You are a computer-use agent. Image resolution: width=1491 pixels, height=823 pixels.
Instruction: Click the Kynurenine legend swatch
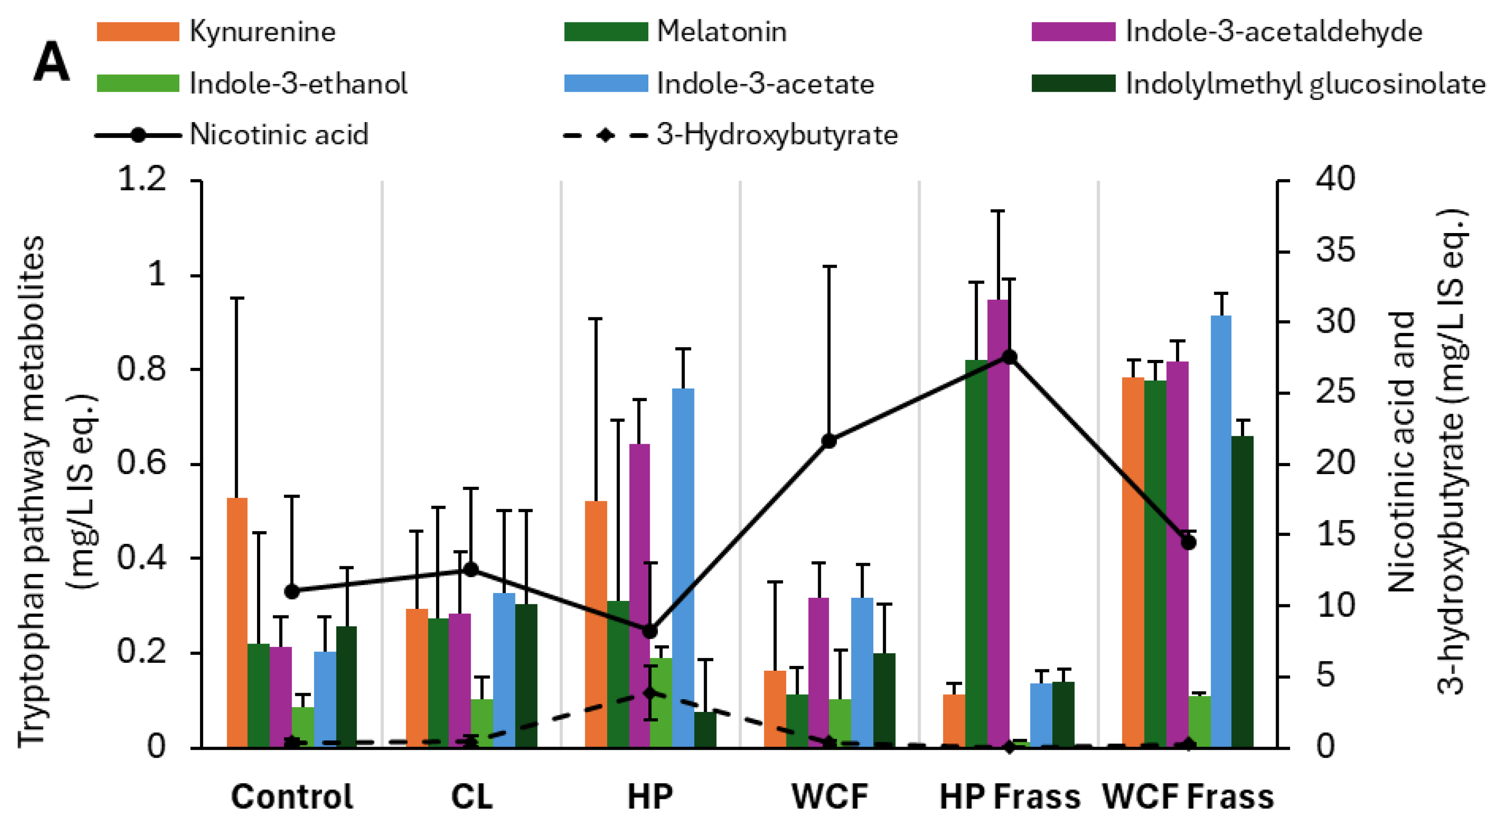point(138,32)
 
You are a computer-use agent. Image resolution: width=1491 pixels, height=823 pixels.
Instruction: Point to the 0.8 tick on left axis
point(141,369)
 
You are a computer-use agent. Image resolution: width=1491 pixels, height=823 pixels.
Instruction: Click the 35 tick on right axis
point(1335,251)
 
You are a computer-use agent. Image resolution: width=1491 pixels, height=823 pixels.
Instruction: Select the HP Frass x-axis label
point(1009,797)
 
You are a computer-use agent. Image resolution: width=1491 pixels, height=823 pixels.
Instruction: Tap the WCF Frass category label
point(1188,797)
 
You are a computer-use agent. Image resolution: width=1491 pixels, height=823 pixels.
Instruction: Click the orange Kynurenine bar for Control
point(237,622)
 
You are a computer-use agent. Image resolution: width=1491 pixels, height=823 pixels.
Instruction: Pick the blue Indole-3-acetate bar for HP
point(683,568)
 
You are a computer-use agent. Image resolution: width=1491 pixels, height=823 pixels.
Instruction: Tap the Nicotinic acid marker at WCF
point(830,441)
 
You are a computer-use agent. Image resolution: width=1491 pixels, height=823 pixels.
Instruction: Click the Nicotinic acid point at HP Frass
point(1009,357)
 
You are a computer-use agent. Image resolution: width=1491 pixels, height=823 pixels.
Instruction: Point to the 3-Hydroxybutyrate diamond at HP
point(651,693)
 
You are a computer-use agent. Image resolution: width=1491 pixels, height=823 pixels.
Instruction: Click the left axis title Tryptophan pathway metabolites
point(32,492)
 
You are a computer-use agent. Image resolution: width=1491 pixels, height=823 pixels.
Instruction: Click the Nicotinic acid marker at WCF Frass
point(1188,543)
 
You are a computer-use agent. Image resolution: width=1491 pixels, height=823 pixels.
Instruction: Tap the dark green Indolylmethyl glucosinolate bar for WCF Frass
point(1242,591)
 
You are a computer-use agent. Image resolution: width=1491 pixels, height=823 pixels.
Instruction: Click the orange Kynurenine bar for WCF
point(775,709)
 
